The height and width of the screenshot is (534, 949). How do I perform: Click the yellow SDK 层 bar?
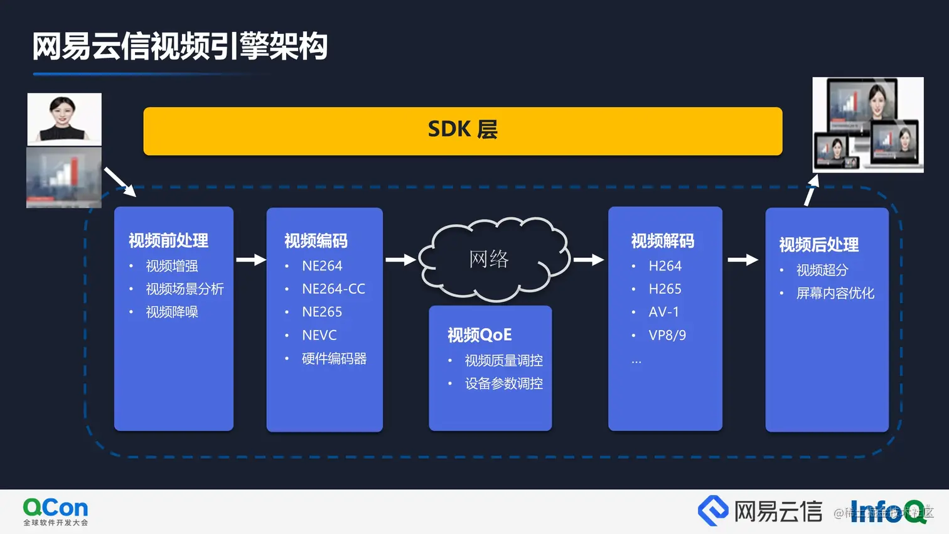pyautogui.click(x=463, y=131)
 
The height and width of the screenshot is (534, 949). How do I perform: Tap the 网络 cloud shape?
pyautogui.click(x=493, y=259)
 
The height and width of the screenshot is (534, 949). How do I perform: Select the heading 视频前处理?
pyautogui.click(x=168, y=240)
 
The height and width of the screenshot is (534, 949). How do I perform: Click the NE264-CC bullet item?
pyautogui.click(x=333, y=289)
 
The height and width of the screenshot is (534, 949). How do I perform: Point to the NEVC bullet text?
pyautogui.click(x=319, y=335)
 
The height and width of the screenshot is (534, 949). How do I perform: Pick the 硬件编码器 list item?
pyautogui.click(x=334, y=358)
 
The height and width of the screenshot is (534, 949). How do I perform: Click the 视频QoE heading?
pyautogui.click(x=480, y=335)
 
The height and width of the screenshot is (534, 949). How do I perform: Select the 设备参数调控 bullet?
pyautogui.click(x=503, y=383)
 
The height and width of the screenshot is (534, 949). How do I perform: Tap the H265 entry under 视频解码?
pyautogui.click(x=665, y=289)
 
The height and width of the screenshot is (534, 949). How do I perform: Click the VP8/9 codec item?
pyautogui.click(x=667, y=335)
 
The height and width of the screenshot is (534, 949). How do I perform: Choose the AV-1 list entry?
pyautogui.click(x=663, y=312)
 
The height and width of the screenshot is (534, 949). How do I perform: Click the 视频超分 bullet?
pyautogui.click(x=822, y=270)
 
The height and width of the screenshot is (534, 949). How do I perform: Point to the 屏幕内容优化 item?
pyautogui.click(x=835, y=293)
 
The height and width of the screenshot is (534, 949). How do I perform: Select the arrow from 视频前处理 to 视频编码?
pyautogui.click(x=250, y=259)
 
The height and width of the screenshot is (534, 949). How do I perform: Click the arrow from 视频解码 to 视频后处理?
pyautogui.click(x=743, y=259)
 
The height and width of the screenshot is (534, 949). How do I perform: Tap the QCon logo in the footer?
pyautogui.click(x=55, y=511)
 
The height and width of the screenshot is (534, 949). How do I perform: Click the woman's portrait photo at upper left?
pyautogui.click(x=64, y=119)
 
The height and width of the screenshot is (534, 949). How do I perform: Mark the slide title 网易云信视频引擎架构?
pyautogui.click(x=180, y=46)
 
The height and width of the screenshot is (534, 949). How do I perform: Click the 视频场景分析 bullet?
pyautogui.click(x=185, y=289)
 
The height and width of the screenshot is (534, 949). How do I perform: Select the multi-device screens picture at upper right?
pyautogui.click(x=868, y=124)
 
